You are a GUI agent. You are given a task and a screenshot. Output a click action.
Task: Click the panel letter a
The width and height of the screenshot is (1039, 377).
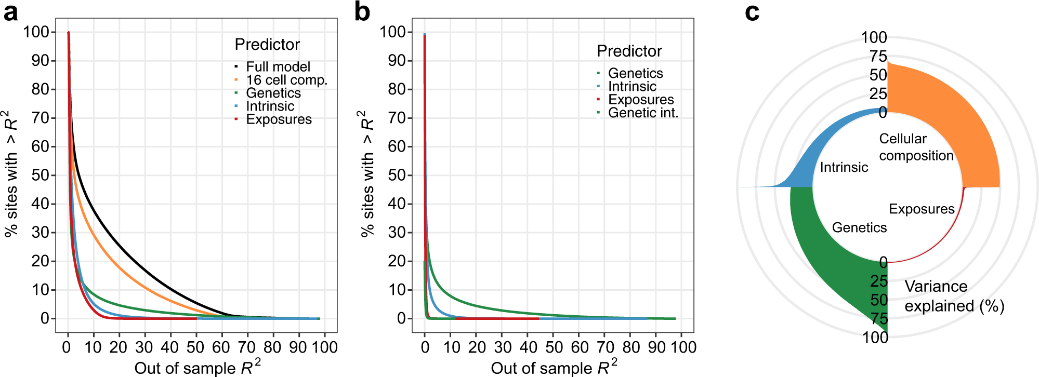(10, 13)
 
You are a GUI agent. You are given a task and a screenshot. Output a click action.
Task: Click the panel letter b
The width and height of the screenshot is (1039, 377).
(362, 12)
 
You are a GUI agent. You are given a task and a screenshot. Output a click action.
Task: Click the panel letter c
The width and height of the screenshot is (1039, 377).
(752, 12)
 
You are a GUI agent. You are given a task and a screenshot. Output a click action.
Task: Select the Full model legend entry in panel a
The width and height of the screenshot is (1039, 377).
(278, 67)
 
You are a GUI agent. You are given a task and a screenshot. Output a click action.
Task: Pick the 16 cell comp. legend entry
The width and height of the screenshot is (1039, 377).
(286, 80)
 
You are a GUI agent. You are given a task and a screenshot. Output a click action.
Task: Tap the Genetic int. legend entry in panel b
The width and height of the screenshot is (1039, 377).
(643, 113)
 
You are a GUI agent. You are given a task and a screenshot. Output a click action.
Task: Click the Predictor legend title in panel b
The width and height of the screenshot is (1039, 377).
(629, 51)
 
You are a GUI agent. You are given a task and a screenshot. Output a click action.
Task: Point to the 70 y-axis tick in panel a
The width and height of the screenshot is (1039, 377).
(40, 118)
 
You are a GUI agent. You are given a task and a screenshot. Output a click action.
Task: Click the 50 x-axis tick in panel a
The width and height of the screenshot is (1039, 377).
(195, 347)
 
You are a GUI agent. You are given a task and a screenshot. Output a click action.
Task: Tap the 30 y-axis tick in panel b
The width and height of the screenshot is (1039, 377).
(397, 232)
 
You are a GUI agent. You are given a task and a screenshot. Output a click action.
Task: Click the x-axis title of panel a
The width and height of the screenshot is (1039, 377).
(198, 367)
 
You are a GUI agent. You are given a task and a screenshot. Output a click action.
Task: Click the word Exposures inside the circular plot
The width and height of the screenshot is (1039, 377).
(922, 209)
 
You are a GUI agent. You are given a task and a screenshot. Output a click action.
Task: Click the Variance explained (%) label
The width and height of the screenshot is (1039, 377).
(954, 296)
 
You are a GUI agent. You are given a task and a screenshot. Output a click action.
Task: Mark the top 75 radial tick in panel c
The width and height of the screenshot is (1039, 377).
(878, 56)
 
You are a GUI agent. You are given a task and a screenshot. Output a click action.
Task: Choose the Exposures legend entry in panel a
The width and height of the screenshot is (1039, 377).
(279, 119)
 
